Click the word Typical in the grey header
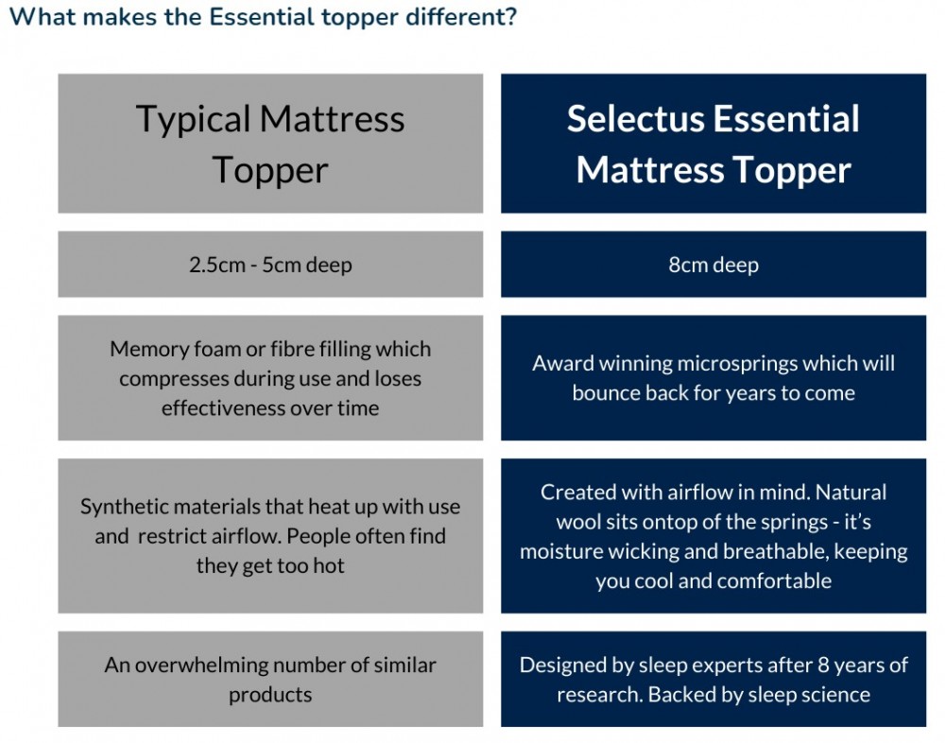click(193, 120)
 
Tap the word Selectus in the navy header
click(634, 120)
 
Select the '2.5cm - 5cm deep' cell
click(270, 265)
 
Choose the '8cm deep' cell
click(713, 265)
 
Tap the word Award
click(563, 363)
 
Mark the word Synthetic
click(123, 506)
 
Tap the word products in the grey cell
click(270, 695)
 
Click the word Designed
click(562, 665)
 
